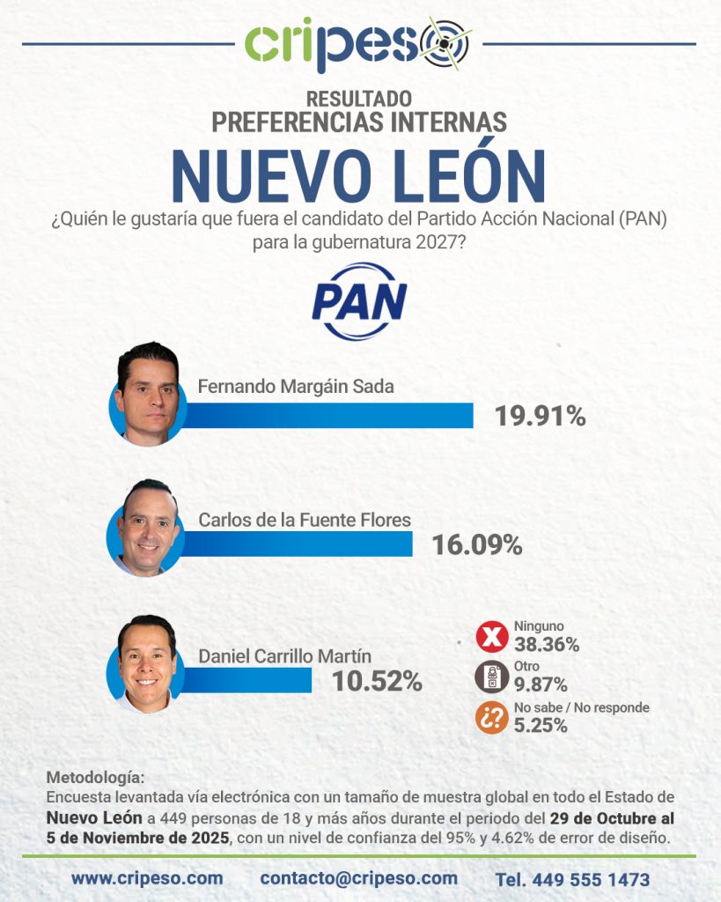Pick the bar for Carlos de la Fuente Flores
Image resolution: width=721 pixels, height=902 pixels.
click(296, 544)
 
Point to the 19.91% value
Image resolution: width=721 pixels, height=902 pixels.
click(540, 416)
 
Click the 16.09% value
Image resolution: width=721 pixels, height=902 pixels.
click(477, 544)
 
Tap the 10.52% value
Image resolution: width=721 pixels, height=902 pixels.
click(376, 681)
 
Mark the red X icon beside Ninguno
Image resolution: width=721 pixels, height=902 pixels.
click(491, 637)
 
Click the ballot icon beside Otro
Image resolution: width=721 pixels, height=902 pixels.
click(491, 676)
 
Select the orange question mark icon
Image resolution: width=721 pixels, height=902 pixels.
click(491, 718)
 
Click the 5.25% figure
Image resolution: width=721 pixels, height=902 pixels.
click(541, 726)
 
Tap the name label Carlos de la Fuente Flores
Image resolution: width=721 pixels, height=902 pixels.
click(305, 520)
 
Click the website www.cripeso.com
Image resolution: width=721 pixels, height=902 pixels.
click(147, 878)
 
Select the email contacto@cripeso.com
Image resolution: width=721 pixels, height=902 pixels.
click(359, 878)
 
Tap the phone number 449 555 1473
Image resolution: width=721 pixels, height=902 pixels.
click(572, 879)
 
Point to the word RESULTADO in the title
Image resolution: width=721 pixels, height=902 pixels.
click(359, 100)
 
